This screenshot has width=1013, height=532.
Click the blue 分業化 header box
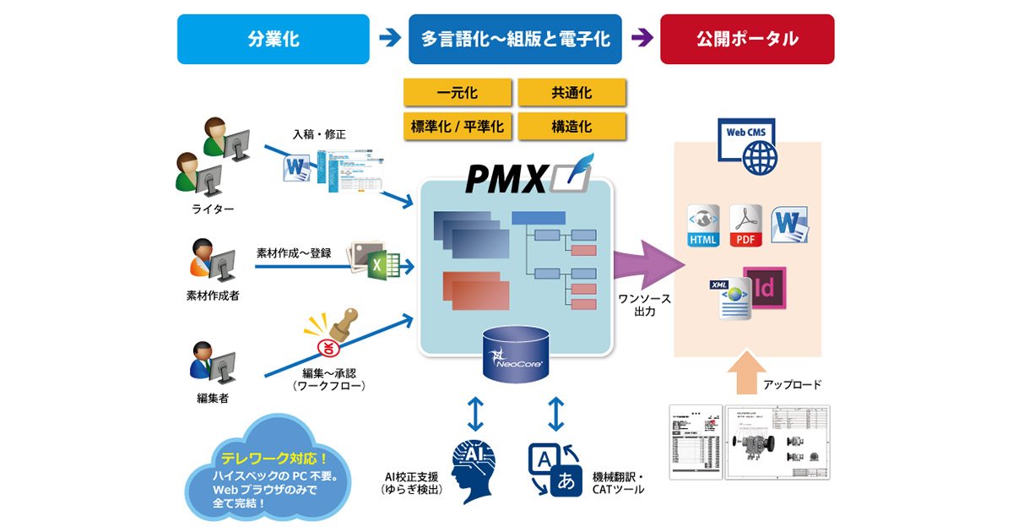pos(273,39)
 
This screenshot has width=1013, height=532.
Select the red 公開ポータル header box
pos(747,39)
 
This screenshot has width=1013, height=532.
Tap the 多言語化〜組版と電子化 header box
pos(515,39)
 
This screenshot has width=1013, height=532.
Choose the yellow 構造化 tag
pos(572,127)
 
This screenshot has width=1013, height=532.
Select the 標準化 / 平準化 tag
pos(458,127)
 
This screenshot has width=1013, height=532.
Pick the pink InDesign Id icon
pos(764,288)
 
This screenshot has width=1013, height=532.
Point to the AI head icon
pos(473,470)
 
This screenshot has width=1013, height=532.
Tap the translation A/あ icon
pos(555,469)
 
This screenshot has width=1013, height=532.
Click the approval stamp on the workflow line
pos(337,332)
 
